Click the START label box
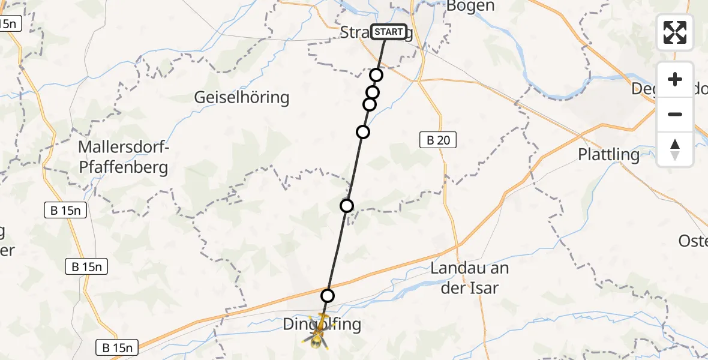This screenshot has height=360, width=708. pyautogui.click(x=389, y=32)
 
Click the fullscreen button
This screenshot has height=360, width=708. pyautogui.click(x=675, y=32)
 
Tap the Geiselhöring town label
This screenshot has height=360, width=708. pyautogui.click(x=242, y=97)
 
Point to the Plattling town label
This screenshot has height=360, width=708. pyautogui.click(x=608, y=154)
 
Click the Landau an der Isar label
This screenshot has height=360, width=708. pyautogui.click(x=465, y=278)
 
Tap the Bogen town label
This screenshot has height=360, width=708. pyautogui.click(x=471, y=7)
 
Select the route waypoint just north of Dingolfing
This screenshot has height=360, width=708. pyautogui.click(x=327, y=295)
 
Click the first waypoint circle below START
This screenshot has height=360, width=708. pyautogui.click(x=376, y=75)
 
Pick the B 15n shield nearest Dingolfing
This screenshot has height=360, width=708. pyautogui.click(x=118, y=347)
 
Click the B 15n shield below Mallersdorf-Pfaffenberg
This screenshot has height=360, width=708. pyautogui.click(x=66, y=210)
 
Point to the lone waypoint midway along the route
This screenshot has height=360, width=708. pyautogui.click(x=347, y=206)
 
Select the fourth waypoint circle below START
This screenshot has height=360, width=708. pyautogui.click(x=363, y=132)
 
